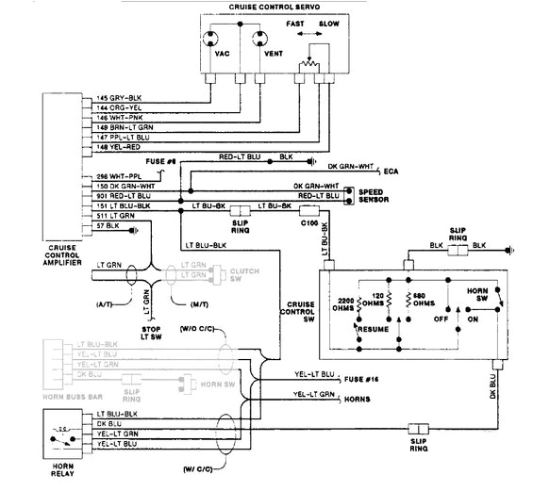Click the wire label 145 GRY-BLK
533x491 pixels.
(x=117, y=98)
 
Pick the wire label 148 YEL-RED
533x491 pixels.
(x=117, y=146)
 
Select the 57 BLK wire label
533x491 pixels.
(x=108, y=227)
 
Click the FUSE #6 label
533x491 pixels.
(x=166, y=161)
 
